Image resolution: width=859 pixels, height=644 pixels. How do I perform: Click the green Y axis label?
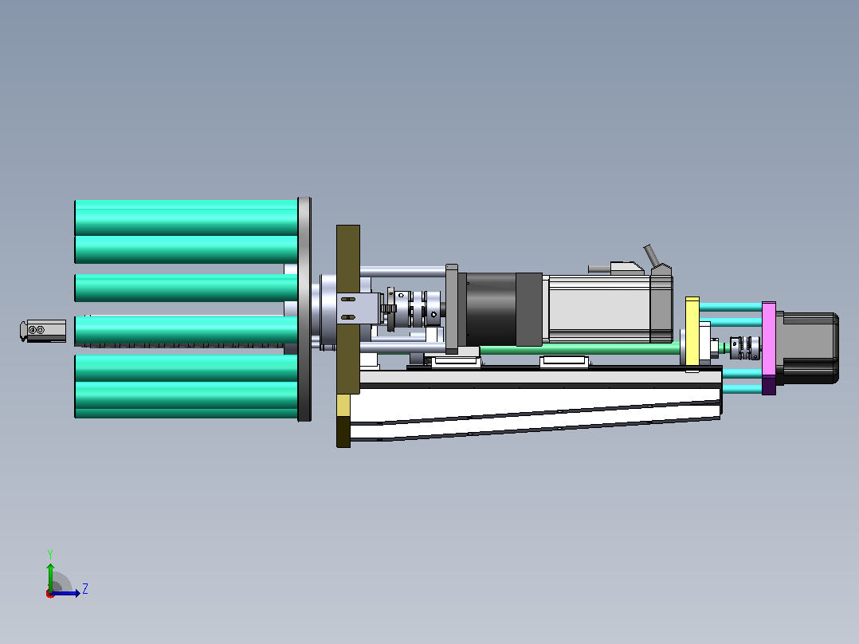click(50, 554)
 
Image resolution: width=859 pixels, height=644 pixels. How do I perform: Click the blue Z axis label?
click(85, 589)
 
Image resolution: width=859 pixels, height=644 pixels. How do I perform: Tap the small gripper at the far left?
click(43, 331)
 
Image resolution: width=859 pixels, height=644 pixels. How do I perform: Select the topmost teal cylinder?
click(186, 218)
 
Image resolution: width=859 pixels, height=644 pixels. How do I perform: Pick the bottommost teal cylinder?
click(186, 400)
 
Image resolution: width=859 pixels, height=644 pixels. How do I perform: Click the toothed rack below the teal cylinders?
click(186, 345)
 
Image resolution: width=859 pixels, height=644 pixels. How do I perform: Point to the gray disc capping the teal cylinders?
click(304, 309)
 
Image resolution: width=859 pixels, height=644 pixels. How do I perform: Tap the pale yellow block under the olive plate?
click(343, 406)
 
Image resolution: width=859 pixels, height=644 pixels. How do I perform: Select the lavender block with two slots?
click(359, 308)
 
